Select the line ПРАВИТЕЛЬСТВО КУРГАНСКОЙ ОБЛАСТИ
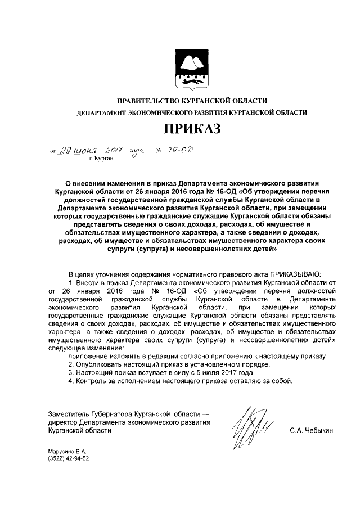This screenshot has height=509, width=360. click(192, 101)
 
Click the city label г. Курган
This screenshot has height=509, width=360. click(101, 159)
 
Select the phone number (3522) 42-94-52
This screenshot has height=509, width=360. click(69, 458)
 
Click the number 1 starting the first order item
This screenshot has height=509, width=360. click(70, 281)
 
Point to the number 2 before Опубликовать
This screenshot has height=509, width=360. click(70, 364)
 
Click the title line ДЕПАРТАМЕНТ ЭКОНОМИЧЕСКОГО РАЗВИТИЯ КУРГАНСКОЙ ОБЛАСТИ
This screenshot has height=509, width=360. click(192, 112)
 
